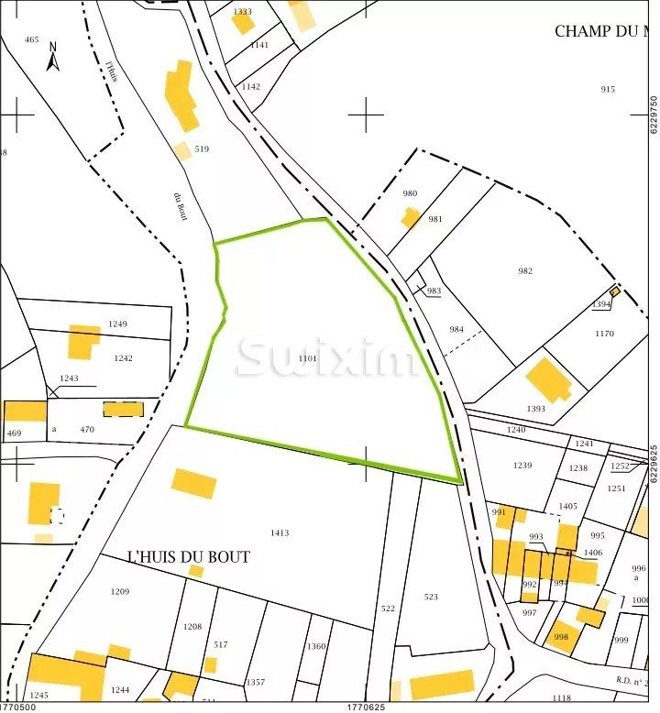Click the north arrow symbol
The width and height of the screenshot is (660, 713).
[x=53, y=57]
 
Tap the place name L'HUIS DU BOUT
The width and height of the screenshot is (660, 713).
[x=189, y=557]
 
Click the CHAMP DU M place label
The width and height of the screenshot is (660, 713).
[x=596, y=31]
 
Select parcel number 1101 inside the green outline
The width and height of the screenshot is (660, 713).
[x=308, y=358]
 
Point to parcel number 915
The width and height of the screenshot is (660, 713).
[x=607, y=89]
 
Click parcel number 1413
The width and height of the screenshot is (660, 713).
[x=280, y=532]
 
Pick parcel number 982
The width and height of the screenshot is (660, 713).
[x=525, y=271]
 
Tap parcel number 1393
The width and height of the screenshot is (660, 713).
[x=536, y=409]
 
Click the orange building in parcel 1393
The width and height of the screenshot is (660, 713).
[x=548, y=379]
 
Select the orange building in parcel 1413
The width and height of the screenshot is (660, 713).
[x=193, y=483]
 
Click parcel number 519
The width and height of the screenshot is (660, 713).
[x=202, y=148]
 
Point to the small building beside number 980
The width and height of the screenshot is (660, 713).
[x=410, y=217]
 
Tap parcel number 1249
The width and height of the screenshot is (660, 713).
[x=118, y=324]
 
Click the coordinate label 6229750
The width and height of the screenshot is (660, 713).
[x=653, y=115]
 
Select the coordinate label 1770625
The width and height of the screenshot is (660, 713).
[x=365, y=707]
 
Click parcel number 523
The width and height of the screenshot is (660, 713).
[x=431, y=597]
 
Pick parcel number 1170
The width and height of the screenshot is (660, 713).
[x=604, y=334]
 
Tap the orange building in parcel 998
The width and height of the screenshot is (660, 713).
[x=561, y=634]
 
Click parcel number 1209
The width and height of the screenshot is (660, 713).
[x=120, y=591]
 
